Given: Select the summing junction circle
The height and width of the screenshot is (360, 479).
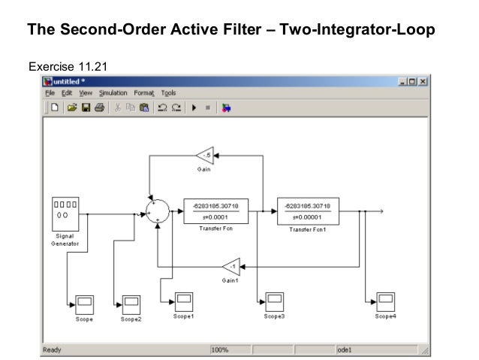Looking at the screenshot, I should pyautogui.click(x=158, y=211).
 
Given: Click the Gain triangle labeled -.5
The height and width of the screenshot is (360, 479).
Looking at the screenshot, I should pyautogui.click(x=205, y=156).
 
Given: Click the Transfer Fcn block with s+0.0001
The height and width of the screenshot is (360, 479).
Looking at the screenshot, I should pyautogui.click(x=215, y=211).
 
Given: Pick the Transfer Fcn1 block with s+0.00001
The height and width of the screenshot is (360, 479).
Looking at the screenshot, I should pyautogui.click(x=309, y=211).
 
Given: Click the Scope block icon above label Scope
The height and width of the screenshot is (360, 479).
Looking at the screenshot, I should pyautogui.click(x=83, y=304).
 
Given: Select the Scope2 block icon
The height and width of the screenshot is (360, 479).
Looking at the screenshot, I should pyautogui.click(x=131, y=304).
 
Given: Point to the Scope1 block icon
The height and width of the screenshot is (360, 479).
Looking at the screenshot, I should pyautogui.click(x=183, y=301).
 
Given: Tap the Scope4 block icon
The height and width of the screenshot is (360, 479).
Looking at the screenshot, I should pyautogui.click(x=385, y=301).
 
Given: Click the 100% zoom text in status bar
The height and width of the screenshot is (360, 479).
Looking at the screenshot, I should pyautogui.click(x=219, y=349).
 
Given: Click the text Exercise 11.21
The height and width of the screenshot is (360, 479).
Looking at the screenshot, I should pyautogui.click(x=68, y=66).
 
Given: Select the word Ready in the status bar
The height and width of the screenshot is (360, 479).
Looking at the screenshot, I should pyautogui.click(x=52, y=349).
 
